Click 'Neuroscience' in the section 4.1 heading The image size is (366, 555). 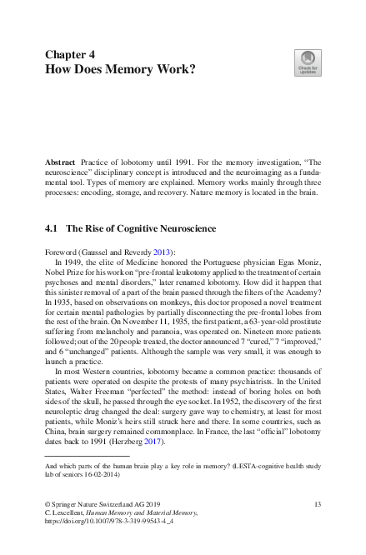point(183,227)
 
